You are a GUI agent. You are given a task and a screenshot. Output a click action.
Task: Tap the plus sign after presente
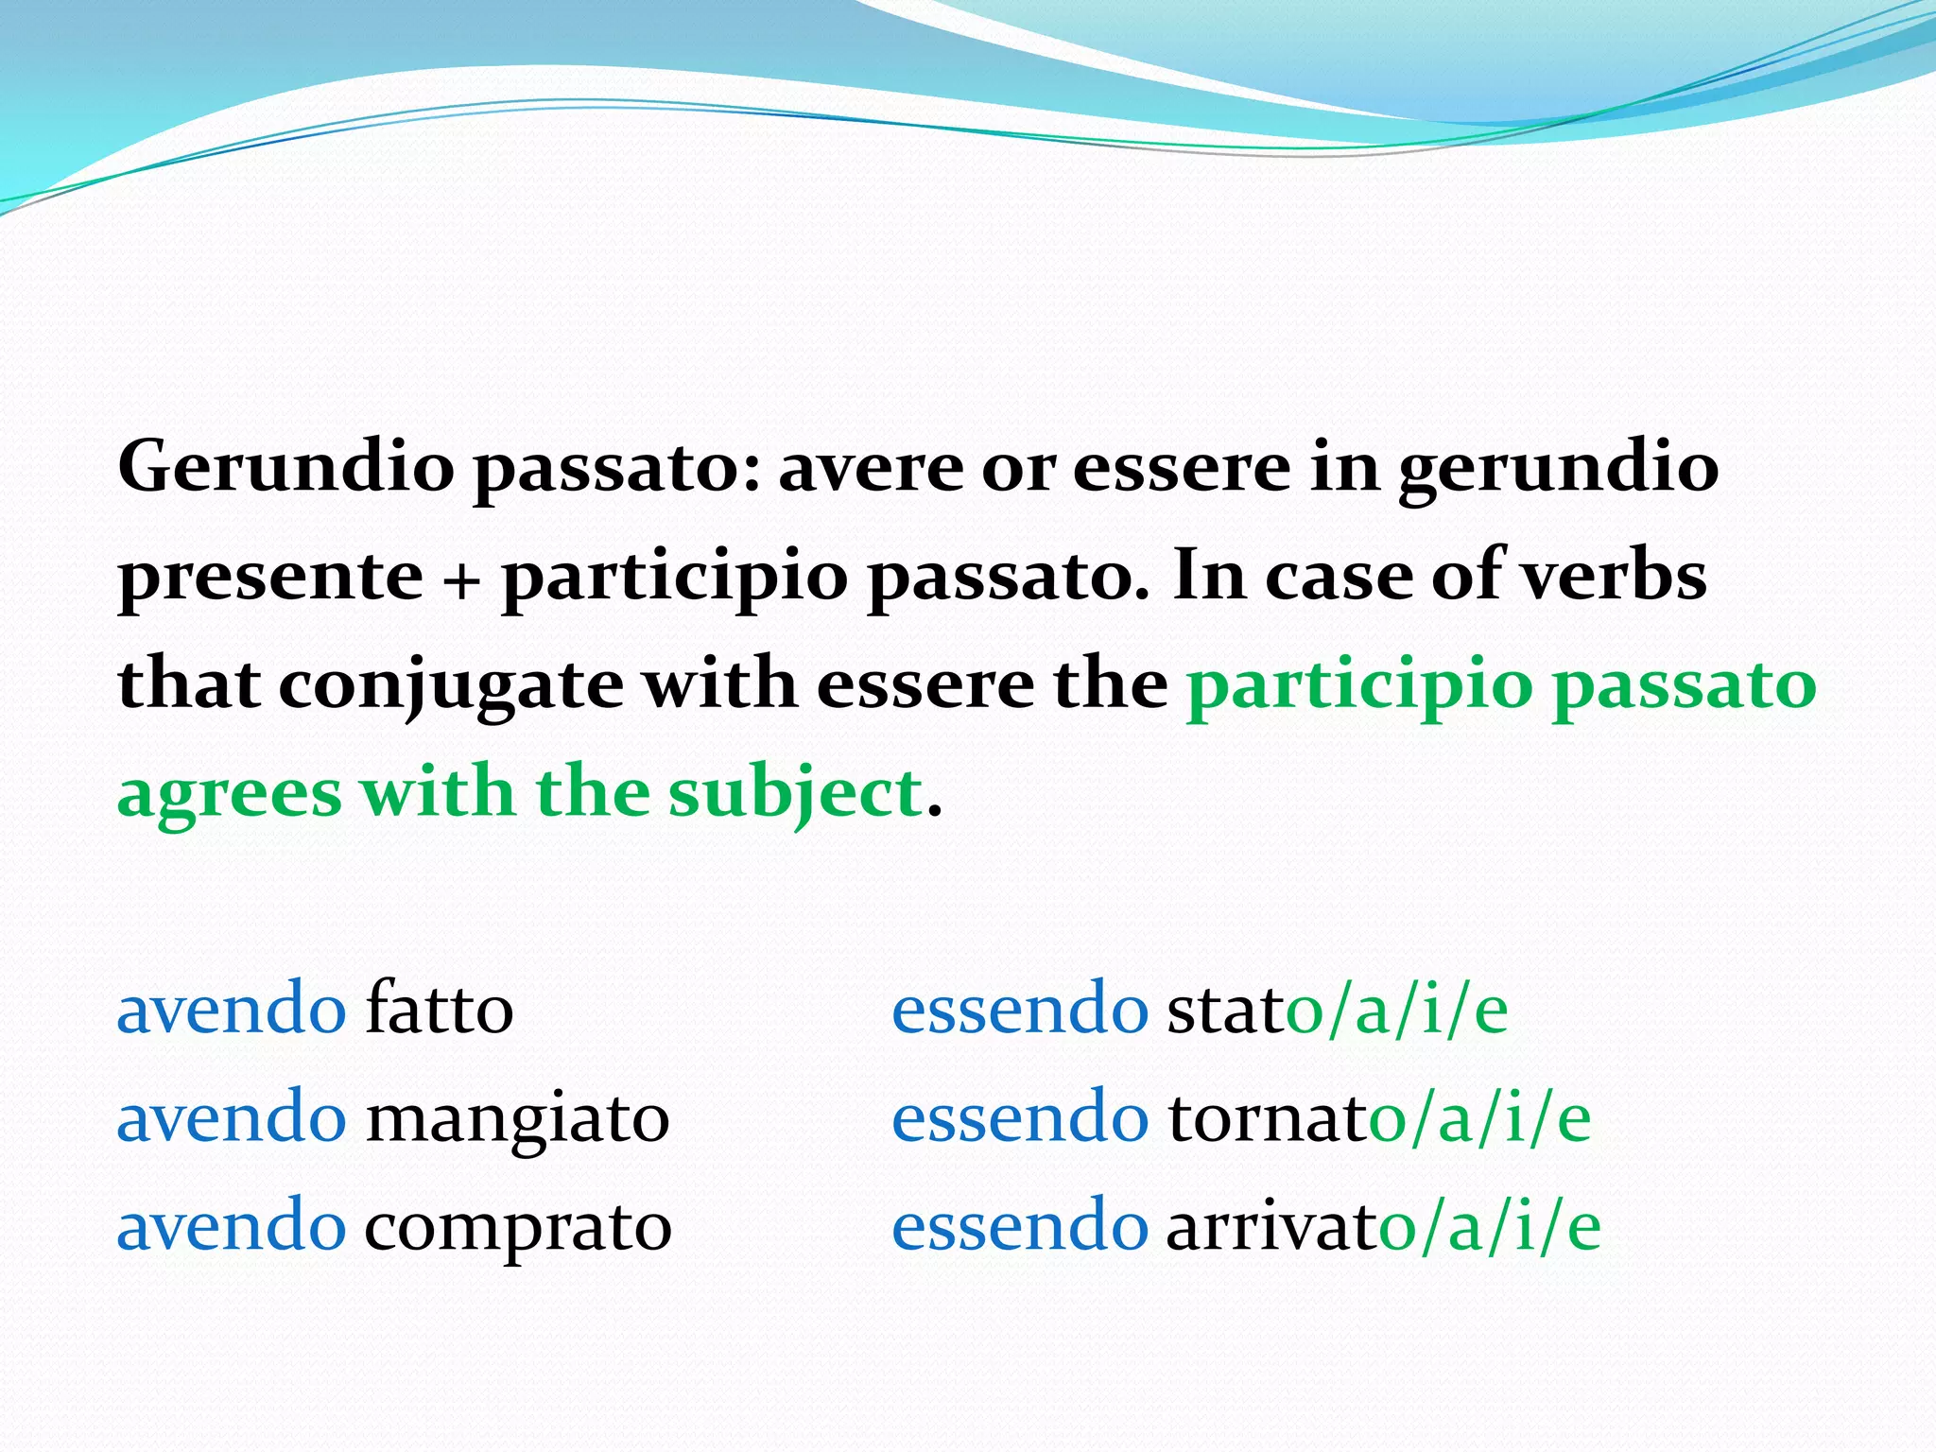(x=461, y=577)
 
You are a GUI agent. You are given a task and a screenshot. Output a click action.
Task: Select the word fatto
(x=440, y=1009)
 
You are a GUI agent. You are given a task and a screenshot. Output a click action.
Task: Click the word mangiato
(x=517, y=1118)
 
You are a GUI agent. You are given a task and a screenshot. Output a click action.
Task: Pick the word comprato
(x=517, y=1227)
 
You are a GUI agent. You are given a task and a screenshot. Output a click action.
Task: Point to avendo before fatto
(x=232, y=1009)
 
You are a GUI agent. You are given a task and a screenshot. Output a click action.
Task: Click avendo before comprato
(x=232, y=1226)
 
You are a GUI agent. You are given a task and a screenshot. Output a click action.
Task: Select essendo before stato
(x=1020, y=1009)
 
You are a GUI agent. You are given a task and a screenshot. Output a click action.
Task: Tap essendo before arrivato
(x=1020, y=1226)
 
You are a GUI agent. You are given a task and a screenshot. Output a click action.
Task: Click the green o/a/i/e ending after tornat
(x=1480, y=1118)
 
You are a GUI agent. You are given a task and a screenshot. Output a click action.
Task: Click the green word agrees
(x=229, y=794)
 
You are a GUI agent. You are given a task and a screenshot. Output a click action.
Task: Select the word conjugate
(x=451, y=685)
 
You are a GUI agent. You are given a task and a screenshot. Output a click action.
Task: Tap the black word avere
(x=869, y=467)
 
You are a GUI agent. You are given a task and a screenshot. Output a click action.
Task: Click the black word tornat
(x=1268, y=1118)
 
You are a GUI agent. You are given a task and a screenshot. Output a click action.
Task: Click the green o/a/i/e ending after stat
(x=1397, y=1009)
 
